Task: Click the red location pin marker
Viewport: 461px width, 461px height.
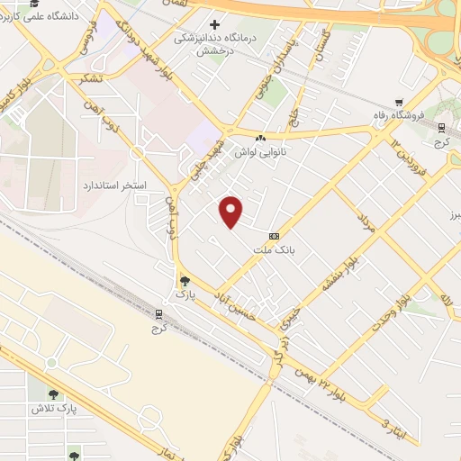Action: [232, 211]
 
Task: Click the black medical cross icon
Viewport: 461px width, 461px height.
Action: [214, 24]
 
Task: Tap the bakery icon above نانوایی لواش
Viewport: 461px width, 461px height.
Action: [260, 138]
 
